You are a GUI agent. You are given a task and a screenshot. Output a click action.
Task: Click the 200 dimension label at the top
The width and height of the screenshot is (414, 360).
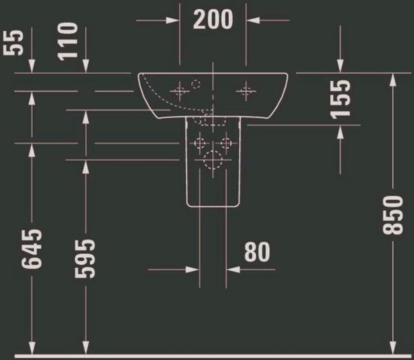(x=213, y=19)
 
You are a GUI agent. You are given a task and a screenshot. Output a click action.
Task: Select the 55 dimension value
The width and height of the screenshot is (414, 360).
(x=13, y=43)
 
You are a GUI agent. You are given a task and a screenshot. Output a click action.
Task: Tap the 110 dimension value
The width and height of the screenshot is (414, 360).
(x=67, y=41)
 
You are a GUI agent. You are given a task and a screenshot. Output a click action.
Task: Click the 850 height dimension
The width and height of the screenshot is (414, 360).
(x=393, y=215)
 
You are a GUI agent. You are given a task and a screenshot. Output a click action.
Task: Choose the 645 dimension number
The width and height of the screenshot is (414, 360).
(x=32, y=249)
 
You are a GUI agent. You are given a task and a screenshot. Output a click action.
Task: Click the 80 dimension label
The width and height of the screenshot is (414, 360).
(x=257, y=252)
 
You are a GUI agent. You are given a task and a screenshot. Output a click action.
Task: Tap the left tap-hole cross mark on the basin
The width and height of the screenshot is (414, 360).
(x=180, y=91)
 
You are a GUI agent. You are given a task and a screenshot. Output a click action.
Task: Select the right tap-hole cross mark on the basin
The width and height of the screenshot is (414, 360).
(x=246, y=91)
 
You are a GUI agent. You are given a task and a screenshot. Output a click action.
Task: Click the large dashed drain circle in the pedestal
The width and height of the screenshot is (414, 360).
(x=213, y=160)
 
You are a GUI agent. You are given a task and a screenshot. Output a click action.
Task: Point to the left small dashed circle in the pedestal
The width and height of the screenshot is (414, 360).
(x=200, y=143)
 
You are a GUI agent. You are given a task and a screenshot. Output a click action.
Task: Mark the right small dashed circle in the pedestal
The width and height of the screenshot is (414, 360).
(x=226, y=143)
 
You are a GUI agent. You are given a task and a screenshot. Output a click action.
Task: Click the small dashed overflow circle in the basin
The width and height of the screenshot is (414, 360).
(x=196, y=85)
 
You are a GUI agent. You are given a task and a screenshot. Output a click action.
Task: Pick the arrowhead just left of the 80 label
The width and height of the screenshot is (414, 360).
(x=193, y=269)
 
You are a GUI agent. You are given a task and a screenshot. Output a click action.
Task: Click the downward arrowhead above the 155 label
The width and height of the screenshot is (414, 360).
(x=340, y=67)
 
